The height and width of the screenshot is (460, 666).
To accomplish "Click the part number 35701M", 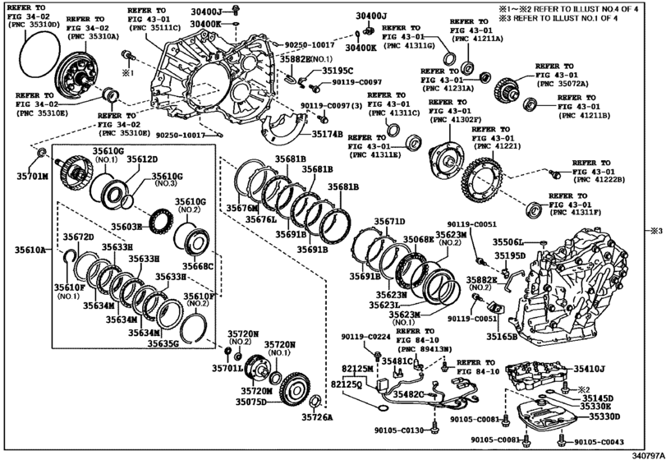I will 34,176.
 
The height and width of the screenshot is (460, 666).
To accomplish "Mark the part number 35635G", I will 164,343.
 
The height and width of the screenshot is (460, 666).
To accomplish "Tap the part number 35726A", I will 316,417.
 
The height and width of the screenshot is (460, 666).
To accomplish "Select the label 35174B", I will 327,132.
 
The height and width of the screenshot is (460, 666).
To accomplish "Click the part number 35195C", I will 338,71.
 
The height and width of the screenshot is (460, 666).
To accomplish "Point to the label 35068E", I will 418,238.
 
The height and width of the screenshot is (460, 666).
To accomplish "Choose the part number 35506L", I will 509,242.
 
